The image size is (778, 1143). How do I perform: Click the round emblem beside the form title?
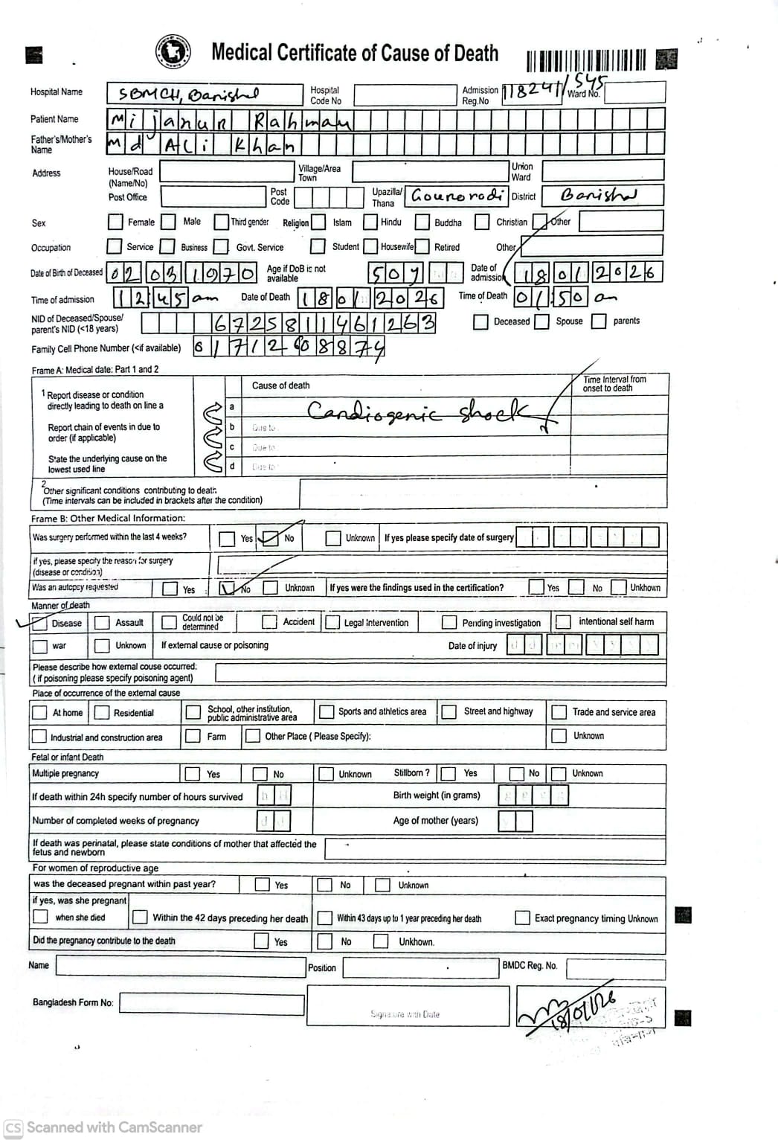click(x=172, y=52)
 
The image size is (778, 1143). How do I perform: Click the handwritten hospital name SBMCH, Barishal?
click(x=190, y=95)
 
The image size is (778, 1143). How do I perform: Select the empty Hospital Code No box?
click(x=405, y=95)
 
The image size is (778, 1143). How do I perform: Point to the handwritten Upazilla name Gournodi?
click(x=456, y=196)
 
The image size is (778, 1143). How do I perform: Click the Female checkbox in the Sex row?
click(x=115, y=222)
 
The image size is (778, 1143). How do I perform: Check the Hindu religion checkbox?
click(x=370, y=222)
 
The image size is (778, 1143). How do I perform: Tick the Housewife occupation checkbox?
click(x=370, y=246)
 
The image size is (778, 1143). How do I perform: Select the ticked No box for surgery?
click(x=269, y=538)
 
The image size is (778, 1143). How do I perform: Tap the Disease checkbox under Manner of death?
click(x=39, y=622)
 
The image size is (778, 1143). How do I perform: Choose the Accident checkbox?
click(x=269, y=621)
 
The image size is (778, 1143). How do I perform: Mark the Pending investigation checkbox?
click(x=449, y=622)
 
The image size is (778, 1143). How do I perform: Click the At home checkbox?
click(x=39, y=712)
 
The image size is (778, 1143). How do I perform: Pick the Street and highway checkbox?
click(x=449, y=711)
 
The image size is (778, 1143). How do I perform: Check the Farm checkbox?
click(x=193, y=736)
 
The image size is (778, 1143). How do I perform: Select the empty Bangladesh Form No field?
click(x=212, y=1003)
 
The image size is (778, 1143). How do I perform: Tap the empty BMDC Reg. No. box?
click(x=616, y=967)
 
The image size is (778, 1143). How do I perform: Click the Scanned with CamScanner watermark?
click(x=103, y=1127)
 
